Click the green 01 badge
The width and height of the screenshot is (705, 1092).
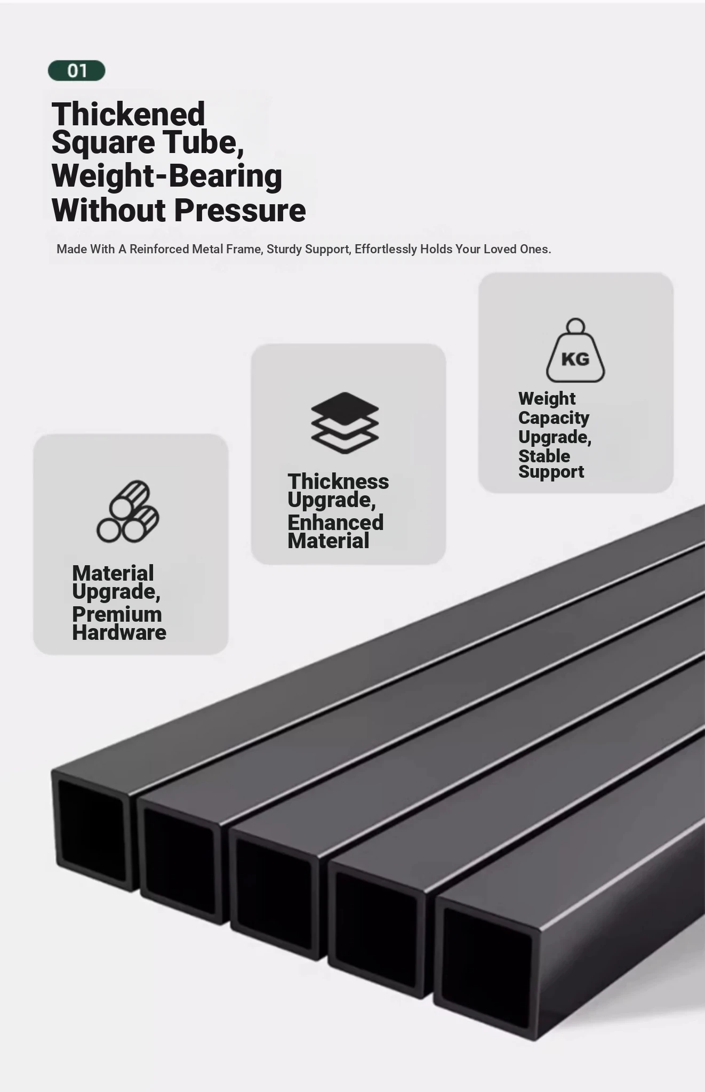(x=77, y=70)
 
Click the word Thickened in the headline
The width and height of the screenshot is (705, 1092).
(x=129, y=114)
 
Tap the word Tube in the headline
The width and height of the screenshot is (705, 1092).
(x=203, y=142)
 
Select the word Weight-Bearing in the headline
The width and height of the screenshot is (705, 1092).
(x=167, y=176)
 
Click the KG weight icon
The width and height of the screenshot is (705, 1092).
(x=575, y=350)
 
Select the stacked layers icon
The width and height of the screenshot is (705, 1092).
(x=345, y=423)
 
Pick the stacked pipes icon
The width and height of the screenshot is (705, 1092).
(x=128, y=511)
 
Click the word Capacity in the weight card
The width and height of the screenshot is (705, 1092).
(x=554, y=418)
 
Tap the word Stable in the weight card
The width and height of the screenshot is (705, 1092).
(x=544, y=456)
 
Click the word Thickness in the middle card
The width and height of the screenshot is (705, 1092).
(x=338, y=481)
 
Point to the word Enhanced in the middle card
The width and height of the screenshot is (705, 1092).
(x=335, y=522)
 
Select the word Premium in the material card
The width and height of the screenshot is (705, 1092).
(x=117, y=614)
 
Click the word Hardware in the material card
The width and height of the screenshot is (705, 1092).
(x=119, y=632)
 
